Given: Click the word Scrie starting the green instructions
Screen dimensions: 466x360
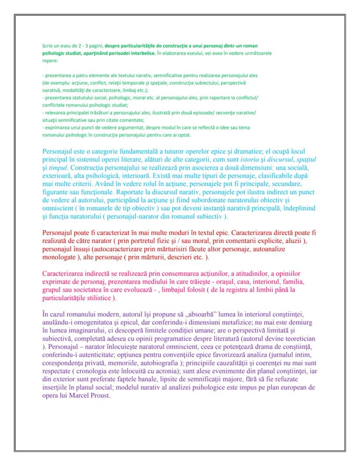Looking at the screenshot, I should pos(47,46).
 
